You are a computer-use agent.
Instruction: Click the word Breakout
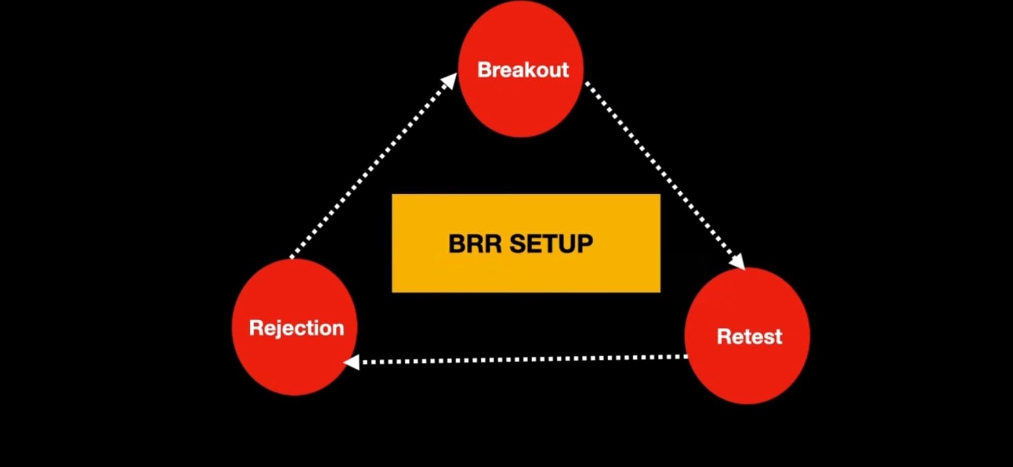click(523, 70)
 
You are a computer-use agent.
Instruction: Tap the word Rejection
click(296, 328)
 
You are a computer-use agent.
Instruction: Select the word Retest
click(749, 336)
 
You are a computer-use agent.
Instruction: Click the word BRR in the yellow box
click(475, 243)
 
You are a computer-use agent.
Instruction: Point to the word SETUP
click(551, 243)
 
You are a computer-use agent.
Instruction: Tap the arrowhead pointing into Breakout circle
click(449, 81)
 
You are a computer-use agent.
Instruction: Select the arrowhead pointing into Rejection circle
click(352, 362)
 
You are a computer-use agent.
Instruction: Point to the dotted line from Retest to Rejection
click(522, 360)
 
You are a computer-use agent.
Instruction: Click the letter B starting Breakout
click(485, 70)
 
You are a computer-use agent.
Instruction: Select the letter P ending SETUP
click(584, 243)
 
